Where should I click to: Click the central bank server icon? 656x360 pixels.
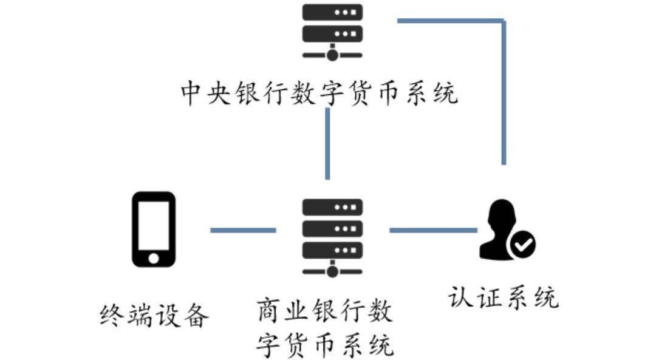(332, 30)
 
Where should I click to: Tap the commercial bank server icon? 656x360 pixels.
(332, 236)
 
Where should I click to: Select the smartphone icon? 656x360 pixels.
(154, 229)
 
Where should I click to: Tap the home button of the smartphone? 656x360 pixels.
(154, 258)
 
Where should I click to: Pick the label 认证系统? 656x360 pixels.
(504, 297)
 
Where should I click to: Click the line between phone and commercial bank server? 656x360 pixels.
(242, 231)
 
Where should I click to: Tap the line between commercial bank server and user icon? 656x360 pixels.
(432, 231)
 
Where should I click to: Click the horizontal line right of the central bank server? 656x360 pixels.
(450, 21)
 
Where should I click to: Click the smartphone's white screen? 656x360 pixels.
(154, 224)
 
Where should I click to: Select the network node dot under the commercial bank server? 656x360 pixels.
(332, 271)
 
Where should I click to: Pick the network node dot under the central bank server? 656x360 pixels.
(332, 55)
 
